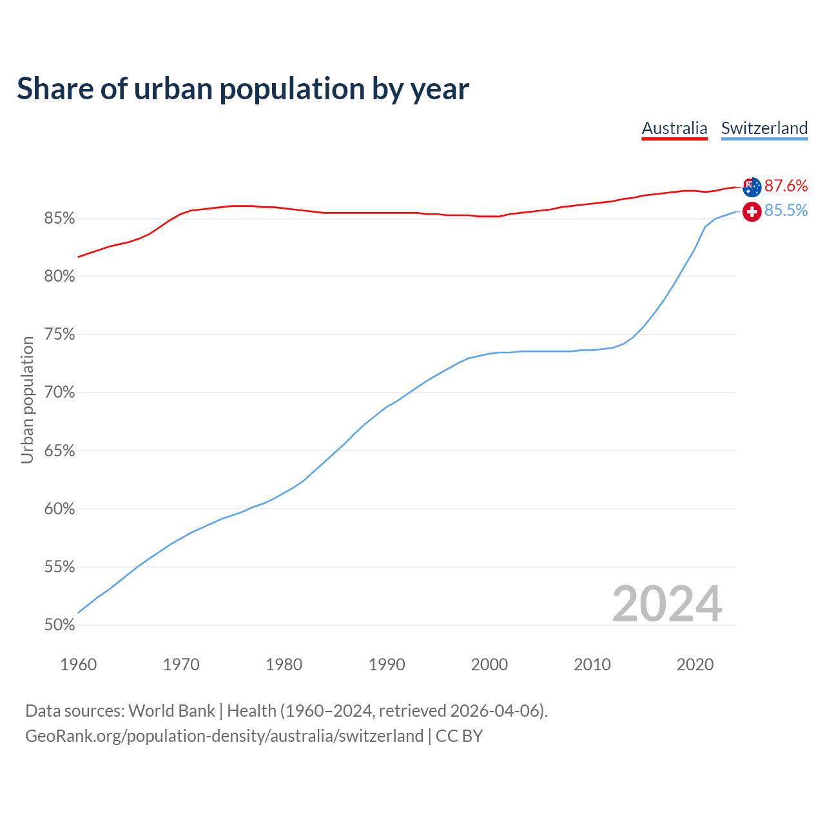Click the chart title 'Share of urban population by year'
pyautogui.click(x=243, y=89)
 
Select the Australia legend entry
pyautogui.click(x=674, y=128)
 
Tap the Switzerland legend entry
pyautogui.click(x=764, y=128)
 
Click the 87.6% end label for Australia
pyautogui.click(x=786, y=186)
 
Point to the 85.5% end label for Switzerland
pyautogui.click(x=786, y=211)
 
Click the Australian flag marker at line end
pyautogui.click(x=752, y=187)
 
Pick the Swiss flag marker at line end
pyautogui.click(x=752, y=211)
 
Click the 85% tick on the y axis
pyautogui.click(x=59, y=218)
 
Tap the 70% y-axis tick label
pyautogui.click(x=59, y=393)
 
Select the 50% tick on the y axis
pyautogui.click(x=59, y=625)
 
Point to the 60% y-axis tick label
pyautogui.click(x=59, y=509)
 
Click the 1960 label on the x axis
pyautogui.click(x=78, y=665)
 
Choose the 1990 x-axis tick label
pyautogui.click(x=387, y=665)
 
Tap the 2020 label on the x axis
pyautogui.click(x=695, y=665)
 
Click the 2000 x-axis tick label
pyautogui.click(x=489, y=665)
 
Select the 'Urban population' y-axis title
pyautogui.click(x=27, y=400)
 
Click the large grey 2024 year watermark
pyautogui.click(x=667, y=604)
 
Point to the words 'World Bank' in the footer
pyautogui.click(x=171, y=711)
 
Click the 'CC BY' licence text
pyautogui.click(x=459, y=736)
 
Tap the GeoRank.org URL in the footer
pyautogui.click(x=224, y=736)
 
